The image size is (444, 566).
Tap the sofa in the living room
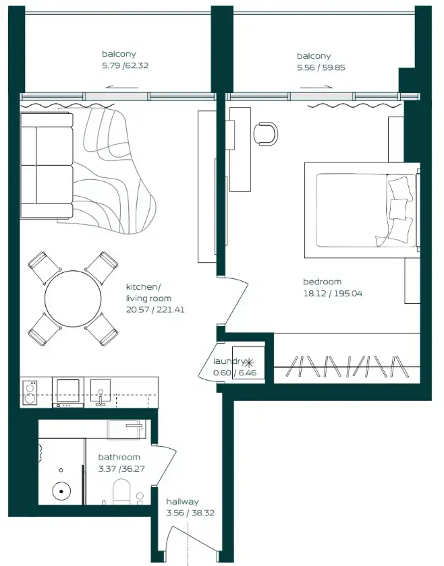click(x=47, y=165)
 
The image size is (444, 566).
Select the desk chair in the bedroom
click(x=267, y=133)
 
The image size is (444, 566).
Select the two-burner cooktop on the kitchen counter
click(x=30, y=392)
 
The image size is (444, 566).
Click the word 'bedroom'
click(x=322, y=282)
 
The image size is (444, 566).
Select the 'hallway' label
click(x=182, y=501)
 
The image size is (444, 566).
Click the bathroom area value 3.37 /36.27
click(x=119, y=470)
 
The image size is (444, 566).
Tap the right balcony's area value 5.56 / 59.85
click(x=321, y=67)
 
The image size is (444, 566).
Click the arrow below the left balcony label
click(x=123, y=86)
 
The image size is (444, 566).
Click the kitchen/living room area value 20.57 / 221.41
click(x=155, y=310)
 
